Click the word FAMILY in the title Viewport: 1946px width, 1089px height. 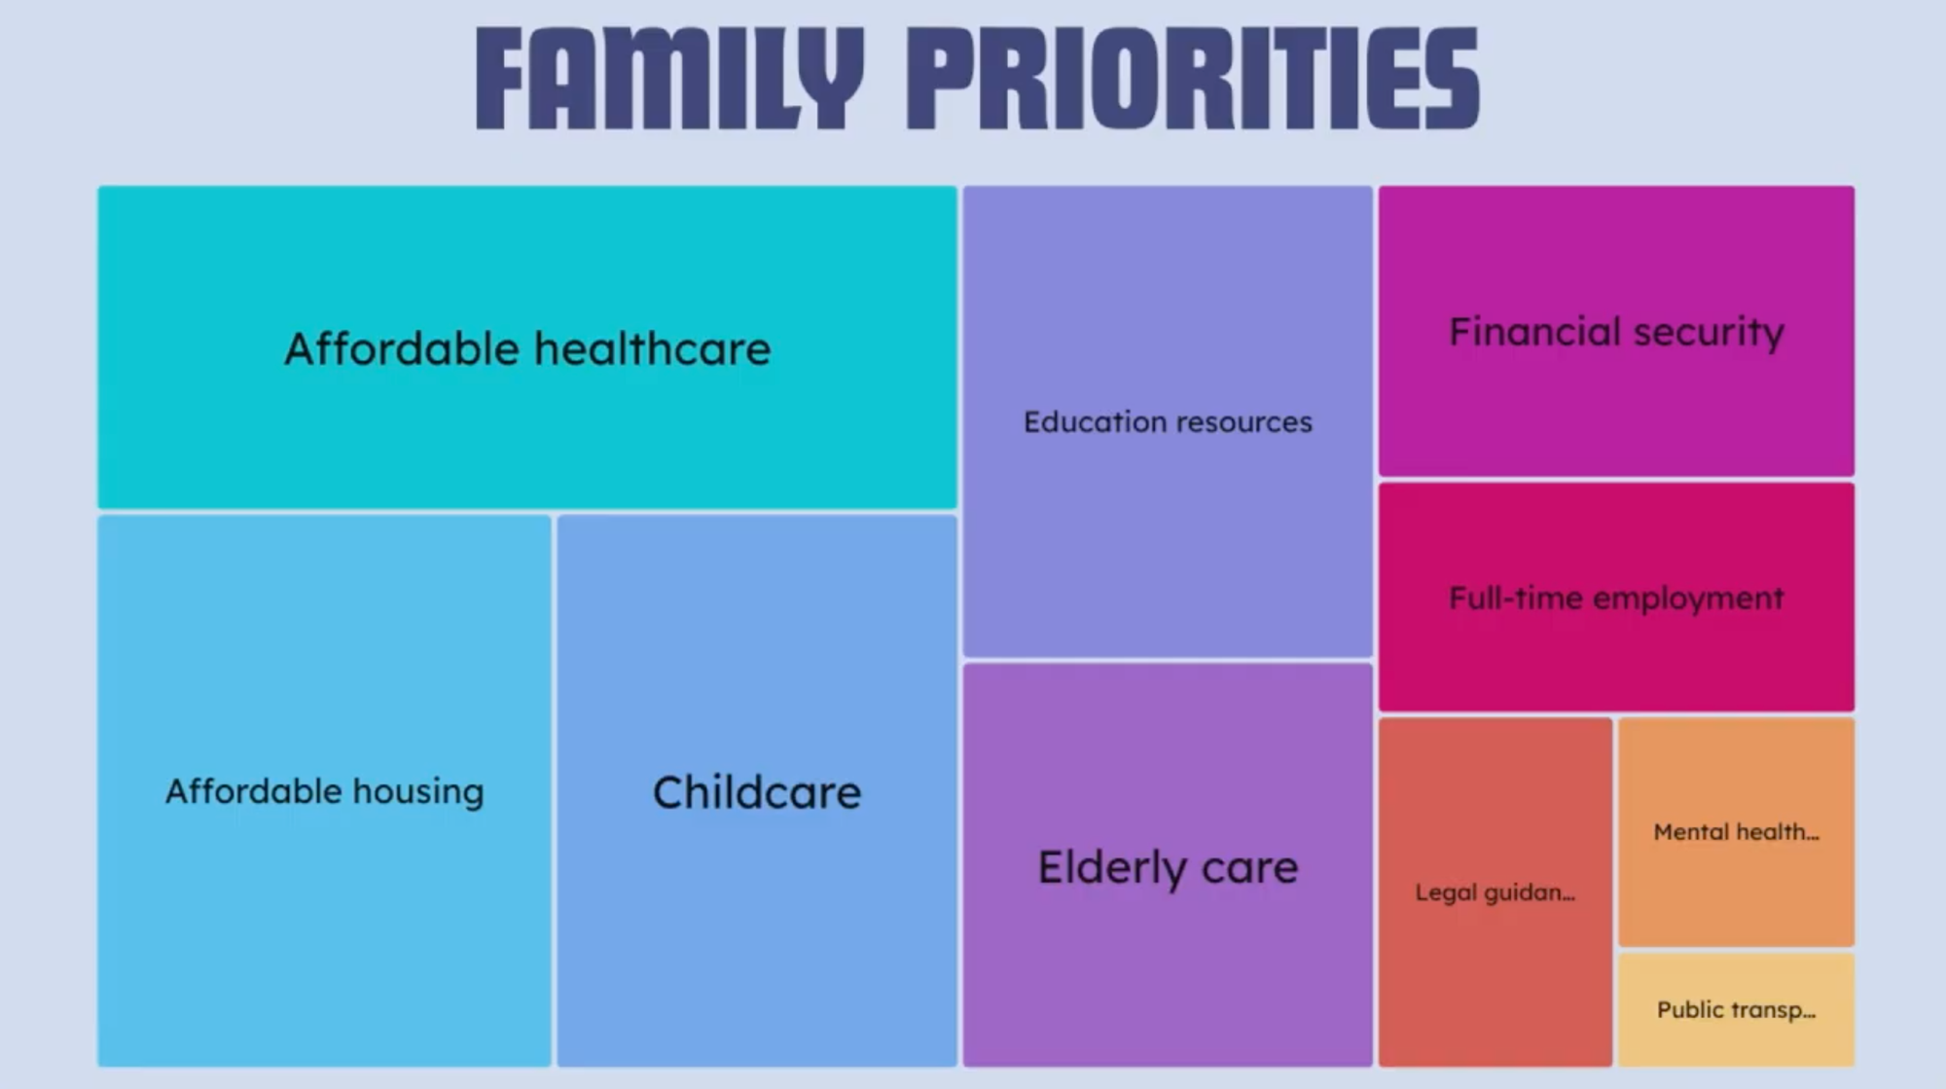click(x=669, y=78)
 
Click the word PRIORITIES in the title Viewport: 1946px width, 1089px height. click(x=1193, y=78)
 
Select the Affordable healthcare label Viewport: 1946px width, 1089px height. click(x=527, y=348)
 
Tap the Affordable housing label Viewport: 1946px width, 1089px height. click(x=324, y=791)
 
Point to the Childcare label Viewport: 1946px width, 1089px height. click(x=757, y=792)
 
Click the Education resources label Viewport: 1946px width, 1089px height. click(x=1168, y=421)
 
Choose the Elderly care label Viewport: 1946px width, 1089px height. click(x=1168, y=866)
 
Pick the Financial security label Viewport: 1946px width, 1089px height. click(x=1616, y=332)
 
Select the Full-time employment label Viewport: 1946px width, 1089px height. click(x=1616, y=598)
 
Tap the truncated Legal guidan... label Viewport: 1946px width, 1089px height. click(x=1495, y=892)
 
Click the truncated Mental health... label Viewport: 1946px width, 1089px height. click(x=1736, y=832)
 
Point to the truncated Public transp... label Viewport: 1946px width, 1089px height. click(x=1736, y=1009)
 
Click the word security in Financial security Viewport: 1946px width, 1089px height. click(x=1709, y=332)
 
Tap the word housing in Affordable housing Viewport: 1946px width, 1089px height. click(x=418, y=791)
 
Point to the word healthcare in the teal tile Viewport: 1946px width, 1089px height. click(x=652, y=348)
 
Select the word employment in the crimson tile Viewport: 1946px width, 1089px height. click(x=1688, y=598)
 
